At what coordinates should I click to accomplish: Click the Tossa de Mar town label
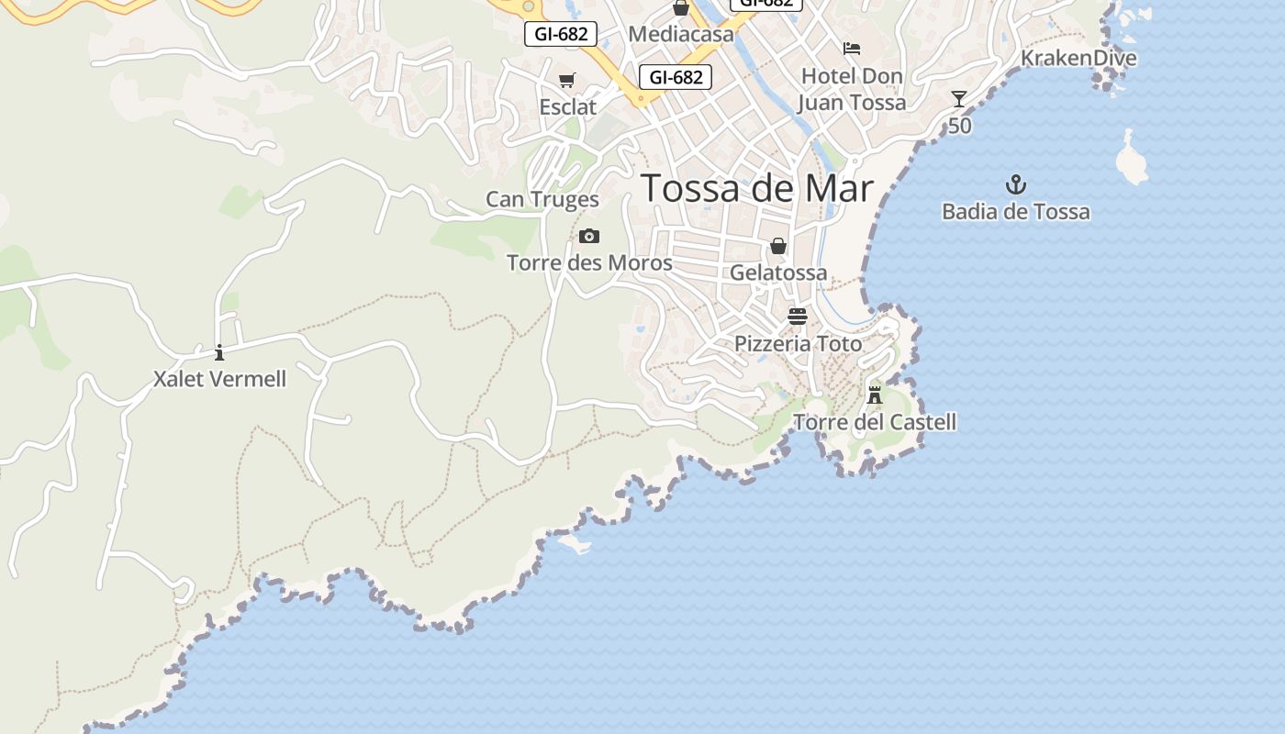coord(757,188)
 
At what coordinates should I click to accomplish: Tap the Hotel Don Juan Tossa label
coord(852,89)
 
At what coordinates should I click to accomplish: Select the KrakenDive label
coord(1078,59)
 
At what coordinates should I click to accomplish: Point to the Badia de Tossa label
coord(1015,212)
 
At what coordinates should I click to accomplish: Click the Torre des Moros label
coord(589,263)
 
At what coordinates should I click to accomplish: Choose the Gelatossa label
coord(778,272)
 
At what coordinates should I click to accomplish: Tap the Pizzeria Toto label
coord(798,344)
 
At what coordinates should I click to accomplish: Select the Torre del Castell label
coord(874,422)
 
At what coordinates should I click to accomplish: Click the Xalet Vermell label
coord(219,379)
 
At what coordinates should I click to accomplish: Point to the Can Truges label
coord(542,199)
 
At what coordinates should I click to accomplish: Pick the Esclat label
coord(567,107)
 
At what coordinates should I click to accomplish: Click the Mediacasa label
coord(681,35)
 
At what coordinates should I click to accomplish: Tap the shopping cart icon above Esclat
coord(567,81)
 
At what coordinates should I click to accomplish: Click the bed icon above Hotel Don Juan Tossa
coord(852,49)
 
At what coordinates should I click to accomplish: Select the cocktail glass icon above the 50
coord(959,99)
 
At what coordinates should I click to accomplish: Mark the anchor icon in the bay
coord(1015,184)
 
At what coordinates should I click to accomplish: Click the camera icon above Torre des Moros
coord(589,237)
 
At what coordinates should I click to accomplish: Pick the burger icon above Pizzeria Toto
coord(797,317)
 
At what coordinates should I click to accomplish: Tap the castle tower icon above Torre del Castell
coord(875,395)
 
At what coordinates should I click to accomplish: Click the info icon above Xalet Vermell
coord(219,352)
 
